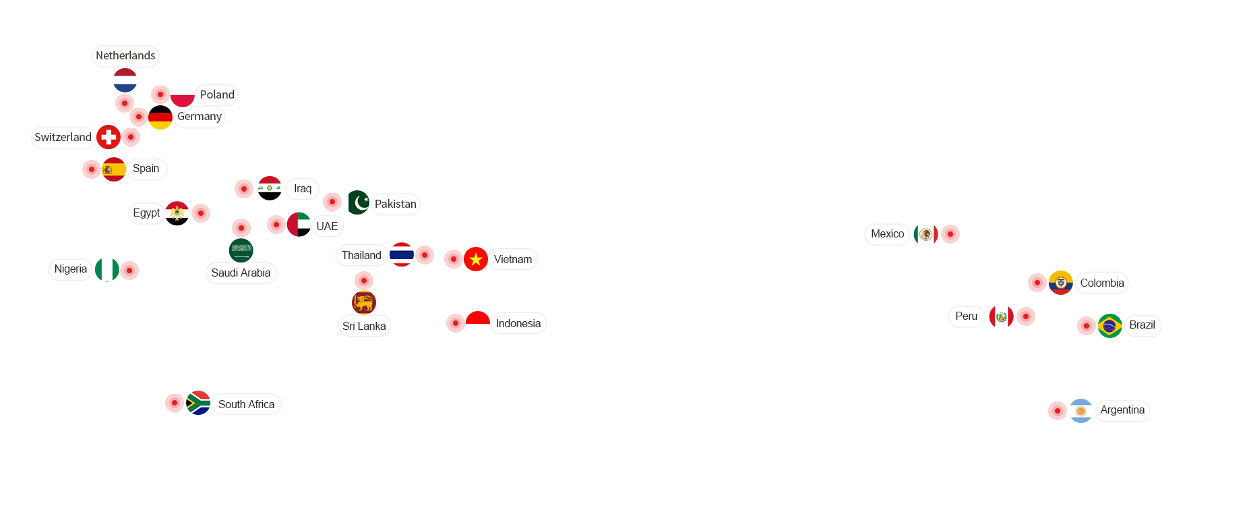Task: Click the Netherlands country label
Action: pos(125,56)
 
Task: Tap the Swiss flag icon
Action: pos(109,137)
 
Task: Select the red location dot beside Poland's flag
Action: pos(160,94)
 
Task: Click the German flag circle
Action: pos(160,117)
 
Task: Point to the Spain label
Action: pos(146,169)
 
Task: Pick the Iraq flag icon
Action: pos(270,188)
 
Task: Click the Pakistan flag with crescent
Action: pos(359,202)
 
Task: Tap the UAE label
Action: pos(327,226)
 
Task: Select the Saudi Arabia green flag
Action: pos(241,250)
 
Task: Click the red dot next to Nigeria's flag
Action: pos(129,271)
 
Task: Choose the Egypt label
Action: pos(146,213)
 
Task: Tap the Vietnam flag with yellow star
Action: pos(476,259)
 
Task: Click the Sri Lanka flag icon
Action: pos(364,302)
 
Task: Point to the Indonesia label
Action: pos(518,324)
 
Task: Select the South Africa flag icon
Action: pos(198,403)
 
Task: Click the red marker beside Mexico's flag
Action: pos(950,234)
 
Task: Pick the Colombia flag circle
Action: pos(1061,283)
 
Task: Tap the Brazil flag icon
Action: pos(1110,326)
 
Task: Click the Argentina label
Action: pos(1122,410)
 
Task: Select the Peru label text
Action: pos(967,316)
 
